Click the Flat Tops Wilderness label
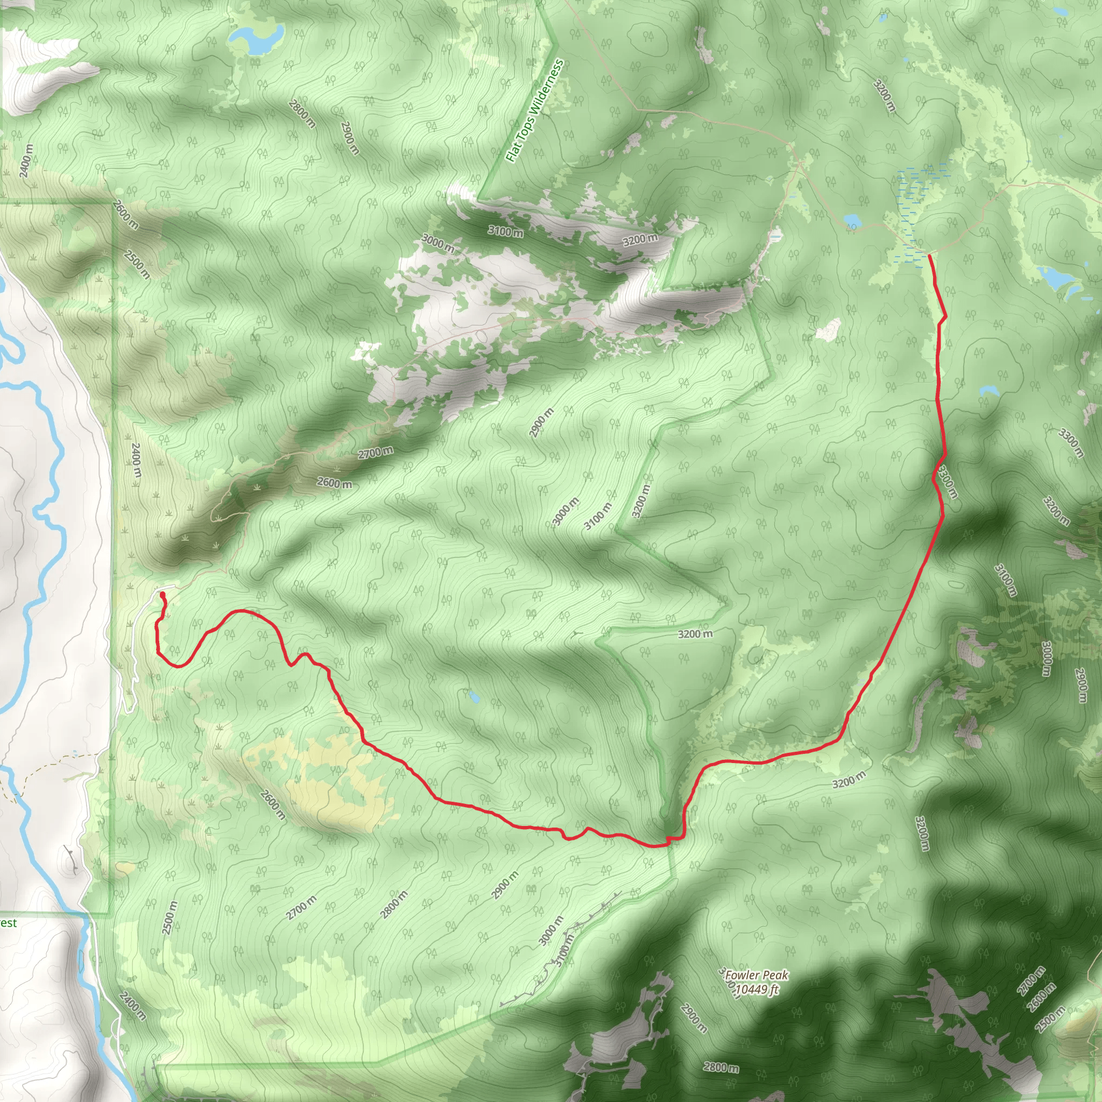(535, 111)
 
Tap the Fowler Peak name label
(757, 976)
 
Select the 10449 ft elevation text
(757, 990)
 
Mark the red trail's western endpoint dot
(163, 595)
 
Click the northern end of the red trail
(930, 256)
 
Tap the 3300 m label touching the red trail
(947, 482)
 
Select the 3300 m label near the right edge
(1071, 443)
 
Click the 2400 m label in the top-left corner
(26, 161)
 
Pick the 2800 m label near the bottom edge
(721, 1066)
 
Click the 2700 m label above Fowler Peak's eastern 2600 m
(1032, 980)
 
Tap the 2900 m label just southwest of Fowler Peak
(694, 1019)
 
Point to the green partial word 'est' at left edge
(8, 923)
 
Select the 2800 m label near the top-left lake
(302, 114)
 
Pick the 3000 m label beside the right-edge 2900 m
(1046, 659)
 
